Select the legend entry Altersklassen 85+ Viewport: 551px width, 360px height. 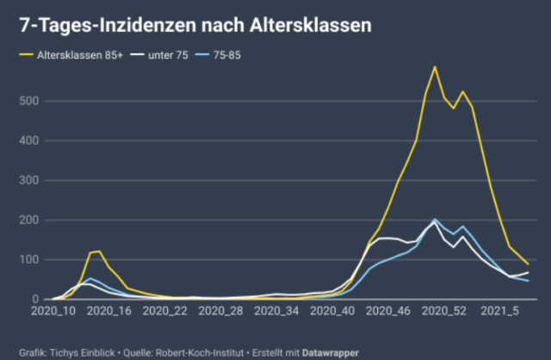(78, 56)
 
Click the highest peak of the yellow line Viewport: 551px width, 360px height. (435, 66)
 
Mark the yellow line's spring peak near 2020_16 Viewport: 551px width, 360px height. (99, 251)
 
